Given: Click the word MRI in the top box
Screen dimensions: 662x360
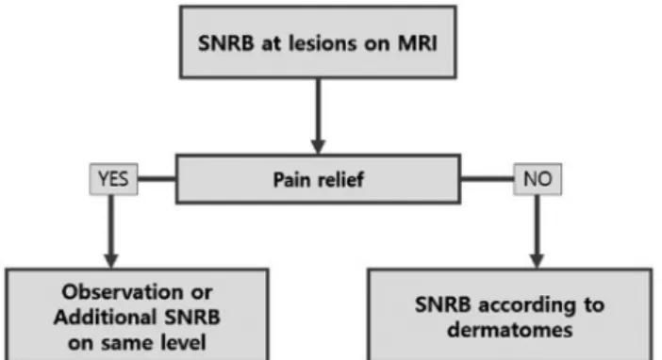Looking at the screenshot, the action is click(417, 43).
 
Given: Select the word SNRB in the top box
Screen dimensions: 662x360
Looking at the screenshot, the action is click(226, 43).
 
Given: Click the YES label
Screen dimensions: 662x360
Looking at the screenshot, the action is click(113, 179).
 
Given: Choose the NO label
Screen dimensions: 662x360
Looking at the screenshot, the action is click(538, 179).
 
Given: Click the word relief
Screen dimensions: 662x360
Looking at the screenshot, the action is click(341, 179).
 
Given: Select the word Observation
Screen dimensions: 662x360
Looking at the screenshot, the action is click(123, 292).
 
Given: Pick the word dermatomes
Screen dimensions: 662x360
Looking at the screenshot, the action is click(510, 330).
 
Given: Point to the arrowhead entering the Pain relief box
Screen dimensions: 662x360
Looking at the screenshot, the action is click(318, 147).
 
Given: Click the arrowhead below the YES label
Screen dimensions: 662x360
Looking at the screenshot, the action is click(111, 260).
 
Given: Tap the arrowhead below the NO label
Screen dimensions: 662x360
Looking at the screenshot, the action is click(537, 260).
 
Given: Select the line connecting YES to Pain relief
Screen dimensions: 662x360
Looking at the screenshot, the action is click(157, 179).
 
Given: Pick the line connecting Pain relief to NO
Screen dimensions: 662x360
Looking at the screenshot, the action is click(488, 179).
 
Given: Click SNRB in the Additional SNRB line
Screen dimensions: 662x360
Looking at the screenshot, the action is click(192, 317).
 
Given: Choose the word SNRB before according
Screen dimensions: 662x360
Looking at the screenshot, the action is click(443, 304).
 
